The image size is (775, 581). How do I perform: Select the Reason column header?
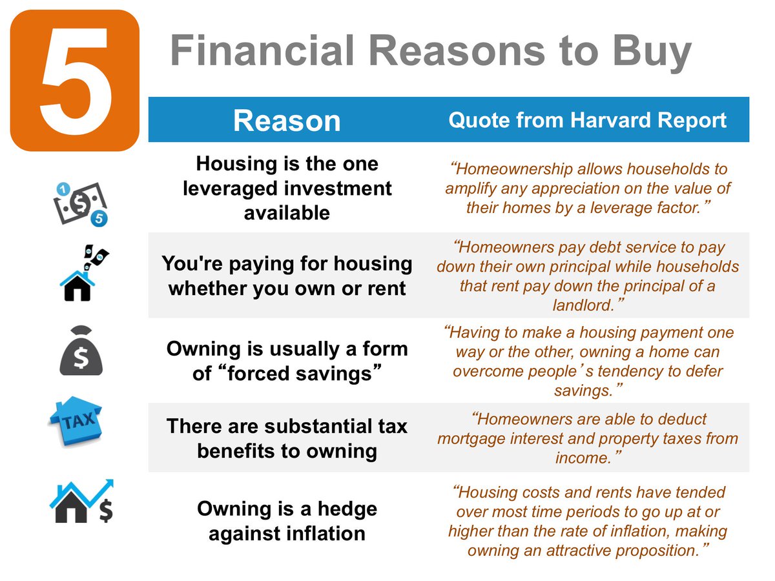pos(286,121)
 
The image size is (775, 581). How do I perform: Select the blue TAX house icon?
pos(76,421)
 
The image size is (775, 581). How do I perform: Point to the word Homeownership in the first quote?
pos(515,170)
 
